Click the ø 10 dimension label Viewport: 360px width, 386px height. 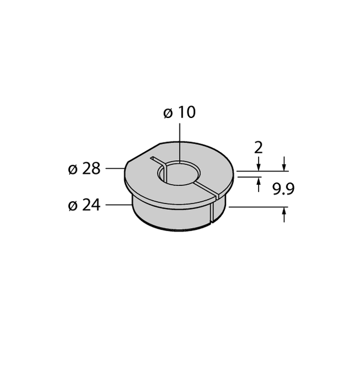[179, 112]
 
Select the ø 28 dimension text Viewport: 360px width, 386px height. [84, 169]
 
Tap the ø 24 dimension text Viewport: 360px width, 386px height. [84, 205]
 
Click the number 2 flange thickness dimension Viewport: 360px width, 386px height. [258, 148]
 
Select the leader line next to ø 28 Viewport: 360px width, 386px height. [115, 168]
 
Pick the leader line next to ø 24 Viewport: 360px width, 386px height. [119, 204]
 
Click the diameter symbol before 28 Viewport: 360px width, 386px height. [73, 169]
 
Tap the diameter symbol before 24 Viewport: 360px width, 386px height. [73, 205]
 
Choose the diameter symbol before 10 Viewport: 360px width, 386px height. [168, 113]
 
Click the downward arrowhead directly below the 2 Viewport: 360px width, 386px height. [258, 166]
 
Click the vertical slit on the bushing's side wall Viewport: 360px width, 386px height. [212, 211]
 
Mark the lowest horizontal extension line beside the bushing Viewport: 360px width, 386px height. [256, 207]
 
